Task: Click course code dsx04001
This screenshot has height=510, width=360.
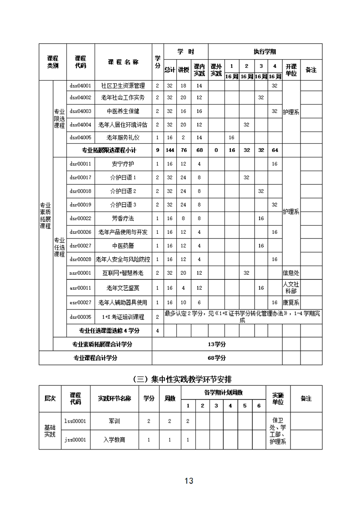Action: click(80, 85)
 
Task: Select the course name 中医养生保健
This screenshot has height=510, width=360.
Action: click(123, 111)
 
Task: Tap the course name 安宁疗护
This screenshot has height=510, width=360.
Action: click(123, 164)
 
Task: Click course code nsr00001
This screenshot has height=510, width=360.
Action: click(80, 273)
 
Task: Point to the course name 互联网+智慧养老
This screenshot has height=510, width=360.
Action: click(123, 273)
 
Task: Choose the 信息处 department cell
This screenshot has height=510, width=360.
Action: click(291, 273)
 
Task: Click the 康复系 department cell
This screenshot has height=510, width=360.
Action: click(291, 303)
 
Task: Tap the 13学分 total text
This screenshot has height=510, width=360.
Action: click(217, 344)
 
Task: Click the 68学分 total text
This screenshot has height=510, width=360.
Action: click(217, 358)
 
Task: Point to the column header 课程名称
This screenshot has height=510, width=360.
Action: click(123, 62)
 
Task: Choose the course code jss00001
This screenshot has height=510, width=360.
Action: click(75, 440)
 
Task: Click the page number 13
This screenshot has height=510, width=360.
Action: click(189, 481)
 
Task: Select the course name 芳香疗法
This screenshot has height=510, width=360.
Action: click(123, 218)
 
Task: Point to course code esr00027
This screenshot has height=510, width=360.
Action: click(80, 303)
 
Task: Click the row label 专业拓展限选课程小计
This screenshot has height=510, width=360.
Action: click(109, 150)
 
